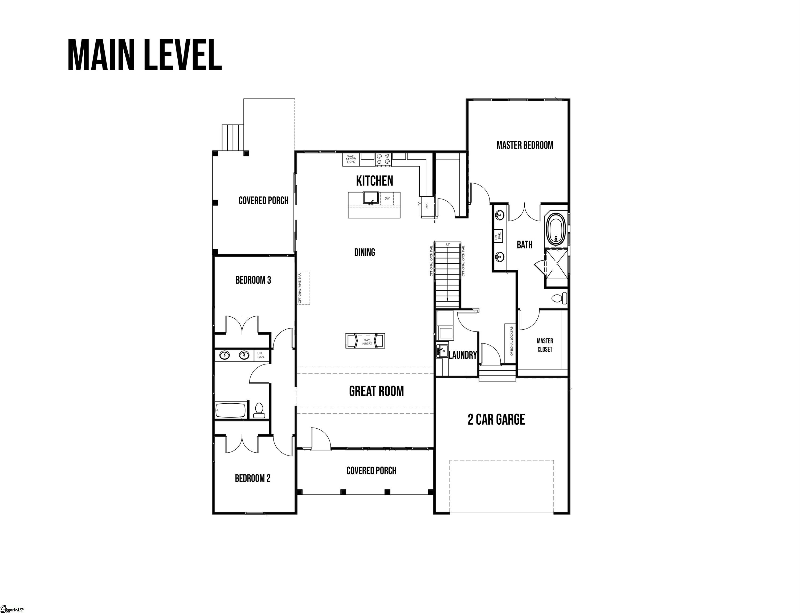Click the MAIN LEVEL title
[145, 55]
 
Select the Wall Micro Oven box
[351, 159]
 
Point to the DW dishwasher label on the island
[387, 198]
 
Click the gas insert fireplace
[365, 341]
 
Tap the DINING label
[364, 252]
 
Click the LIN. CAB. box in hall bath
[261, 355]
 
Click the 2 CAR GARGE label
[496, 420]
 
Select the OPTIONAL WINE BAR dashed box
[304, 288]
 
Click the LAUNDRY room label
[462, 355]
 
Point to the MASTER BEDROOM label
[524, 145]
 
